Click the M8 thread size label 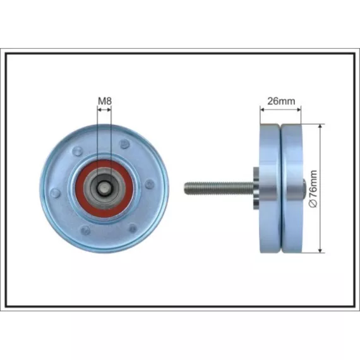(x=105, y=101)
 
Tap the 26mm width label (x=281, y=101)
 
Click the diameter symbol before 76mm (x=313, y=203)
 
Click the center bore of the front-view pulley (x=104, y=189)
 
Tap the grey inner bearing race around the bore (x=104, y=189)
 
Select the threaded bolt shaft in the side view (x=219, y=188)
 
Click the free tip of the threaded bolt (x=184, y=188)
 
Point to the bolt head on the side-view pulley (x=304, y=188)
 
